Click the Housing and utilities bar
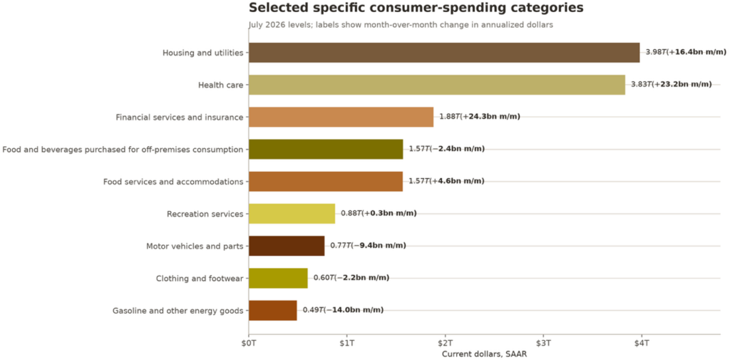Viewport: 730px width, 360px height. pos(444,53)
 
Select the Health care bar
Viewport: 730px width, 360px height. pos(437,85)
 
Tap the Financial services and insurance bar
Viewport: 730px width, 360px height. pos(341,117)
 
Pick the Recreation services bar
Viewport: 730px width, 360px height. pos(292,213)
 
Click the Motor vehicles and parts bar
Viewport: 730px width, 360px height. pos(287,246)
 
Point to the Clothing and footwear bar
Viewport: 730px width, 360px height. pos(278,278)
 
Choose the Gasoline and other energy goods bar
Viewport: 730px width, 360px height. pos(272,310)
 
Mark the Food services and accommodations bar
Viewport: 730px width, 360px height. pos(325,181)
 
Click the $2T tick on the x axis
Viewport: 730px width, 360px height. pos(445,336)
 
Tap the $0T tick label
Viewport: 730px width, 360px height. pos(249,343)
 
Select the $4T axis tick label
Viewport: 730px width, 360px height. pos(642,343)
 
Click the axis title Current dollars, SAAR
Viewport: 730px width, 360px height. pos(484,354)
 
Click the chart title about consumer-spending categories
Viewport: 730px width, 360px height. pos(416,8)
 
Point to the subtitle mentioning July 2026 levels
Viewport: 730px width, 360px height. pos(401,25)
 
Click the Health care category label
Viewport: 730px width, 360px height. pos(221,85)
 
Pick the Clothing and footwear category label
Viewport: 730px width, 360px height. pos(200,279)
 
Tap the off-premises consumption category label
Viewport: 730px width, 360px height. pos(123,150)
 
